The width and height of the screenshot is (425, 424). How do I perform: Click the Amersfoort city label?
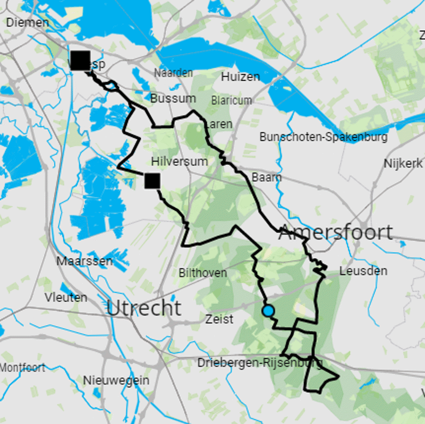click(336, 232)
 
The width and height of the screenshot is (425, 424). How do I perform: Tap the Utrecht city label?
click(144, 308)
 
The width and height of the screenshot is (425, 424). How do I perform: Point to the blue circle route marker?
click(268, 311)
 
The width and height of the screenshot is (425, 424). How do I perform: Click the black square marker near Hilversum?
click(152, 181)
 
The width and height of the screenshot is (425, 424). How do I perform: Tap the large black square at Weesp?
click(81, 61)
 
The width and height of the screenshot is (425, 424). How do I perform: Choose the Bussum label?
click(173, 98)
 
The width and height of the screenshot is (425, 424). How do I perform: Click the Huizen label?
click(241, 77)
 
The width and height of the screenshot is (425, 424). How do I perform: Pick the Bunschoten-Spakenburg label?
click(323, 137)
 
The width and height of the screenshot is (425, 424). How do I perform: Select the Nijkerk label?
click(403, 163)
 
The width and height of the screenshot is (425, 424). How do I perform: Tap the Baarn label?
click(267, 177)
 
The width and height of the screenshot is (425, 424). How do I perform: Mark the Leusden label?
click(363, 271)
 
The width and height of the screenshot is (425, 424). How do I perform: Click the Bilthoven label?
click(203, 273)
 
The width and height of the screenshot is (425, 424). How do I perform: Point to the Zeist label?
click(220, 319)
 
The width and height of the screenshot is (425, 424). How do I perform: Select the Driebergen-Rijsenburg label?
click(259, 363)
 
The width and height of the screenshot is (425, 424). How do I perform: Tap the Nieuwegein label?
click(116, 380)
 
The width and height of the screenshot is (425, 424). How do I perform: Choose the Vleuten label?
click(66, 297)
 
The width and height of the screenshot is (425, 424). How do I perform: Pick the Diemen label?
click(28, 22)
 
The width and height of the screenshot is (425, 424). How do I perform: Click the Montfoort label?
click(22, 367)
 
